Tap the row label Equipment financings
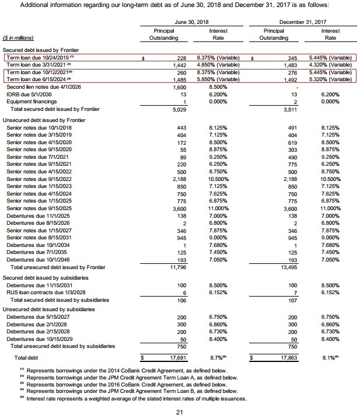[x=29, y=102]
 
